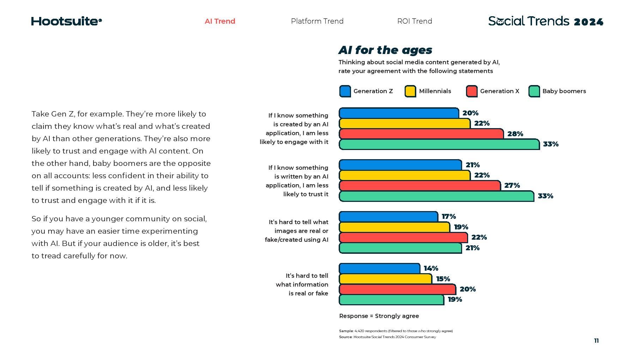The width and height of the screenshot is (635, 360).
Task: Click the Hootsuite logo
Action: (x=66, y=21)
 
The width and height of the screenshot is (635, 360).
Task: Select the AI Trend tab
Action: (x=220, y=21)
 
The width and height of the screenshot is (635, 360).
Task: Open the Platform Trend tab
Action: (x=317, y=21)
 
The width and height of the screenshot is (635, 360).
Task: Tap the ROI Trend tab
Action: (x=415, y=21)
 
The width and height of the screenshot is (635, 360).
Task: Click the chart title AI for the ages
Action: (x=385, y=50)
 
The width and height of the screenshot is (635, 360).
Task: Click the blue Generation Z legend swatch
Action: (x=345, y=91)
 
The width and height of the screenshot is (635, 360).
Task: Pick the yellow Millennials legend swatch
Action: (x=410, y=91)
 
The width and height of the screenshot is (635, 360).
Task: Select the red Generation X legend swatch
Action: (x=472, y=91)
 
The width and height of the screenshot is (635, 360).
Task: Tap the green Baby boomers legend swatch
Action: (x=534, y=91)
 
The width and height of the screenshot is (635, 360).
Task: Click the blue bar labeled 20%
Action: (x=399, y=113)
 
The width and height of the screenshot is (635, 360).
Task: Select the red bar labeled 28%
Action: (x=421, y=134)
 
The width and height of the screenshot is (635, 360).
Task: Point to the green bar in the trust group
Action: (x=436, y=196)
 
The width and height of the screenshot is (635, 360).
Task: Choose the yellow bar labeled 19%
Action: (x=394, y=227)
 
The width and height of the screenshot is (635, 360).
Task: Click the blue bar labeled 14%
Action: (x=379, y=269)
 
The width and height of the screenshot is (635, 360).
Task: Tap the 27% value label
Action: (x=512, y=186)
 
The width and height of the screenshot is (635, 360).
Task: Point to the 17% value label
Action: (x=449, y=217)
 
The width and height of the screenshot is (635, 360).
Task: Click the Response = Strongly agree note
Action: (x=379, y=316)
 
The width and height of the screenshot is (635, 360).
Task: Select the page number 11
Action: (x=596, y=341)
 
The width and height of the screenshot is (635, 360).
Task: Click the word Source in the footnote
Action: (x=345, y=337)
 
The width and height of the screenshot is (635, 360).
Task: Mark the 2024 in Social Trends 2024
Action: (x=588, y=22)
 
